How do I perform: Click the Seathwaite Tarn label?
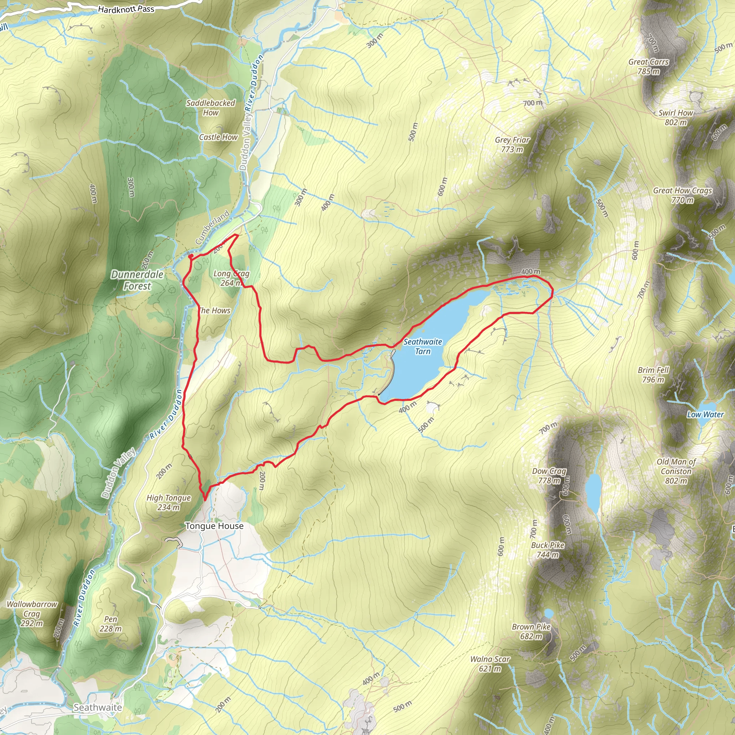coord(423,347)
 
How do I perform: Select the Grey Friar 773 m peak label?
coord(512,145)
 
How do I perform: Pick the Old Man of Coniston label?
coord(676,471)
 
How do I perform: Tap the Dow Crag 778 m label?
coord(549,476)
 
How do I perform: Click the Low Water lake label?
coord(705,415)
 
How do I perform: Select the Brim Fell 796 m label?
coord(653,375)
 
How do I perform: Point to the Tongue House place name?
coord(214,526)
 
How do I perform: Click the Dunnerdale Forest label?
coord(137,280)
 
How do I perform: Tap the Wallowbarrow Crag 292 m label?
coord(32,614)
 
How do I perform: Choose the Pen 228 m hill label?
coord(111,624)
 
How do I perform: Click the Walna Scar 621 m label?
coord(490,664)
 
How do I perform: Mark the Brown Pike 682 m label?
coord(531,632)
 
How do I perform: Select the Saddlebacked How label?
coord(210,108)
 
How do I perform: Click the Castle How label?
coord(218,137)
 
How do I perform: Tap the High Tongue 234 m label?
coord(169,502)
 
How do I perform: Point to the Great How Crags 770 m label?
coord(682,195)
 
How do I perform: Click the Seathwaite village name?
coord(97,707)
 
